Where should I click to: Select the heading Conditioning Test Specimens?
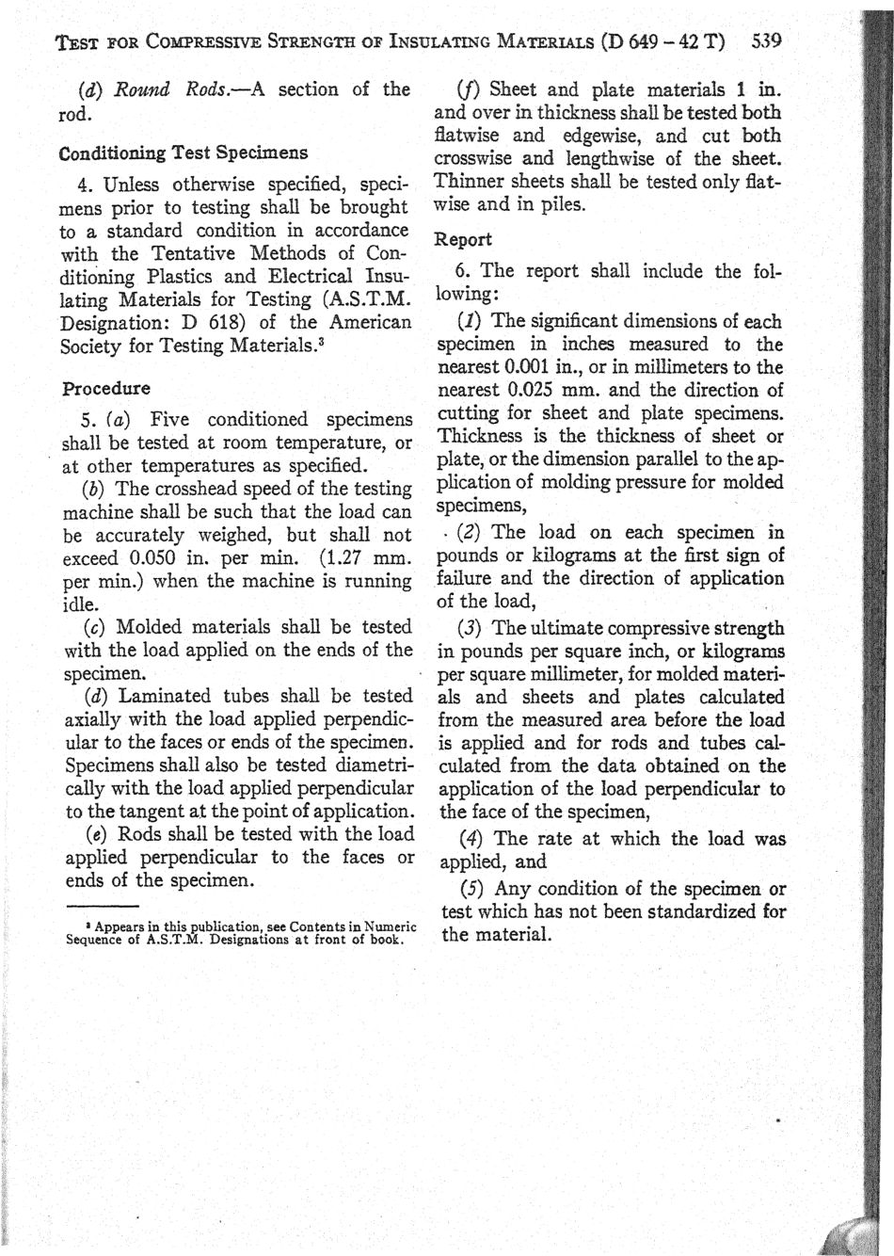coord(183,152)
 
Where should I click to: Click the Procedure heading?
coord(105,388)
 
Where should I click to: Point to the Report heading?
coord(463,239)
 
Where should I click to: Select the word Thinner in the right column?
coord(469,182)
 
